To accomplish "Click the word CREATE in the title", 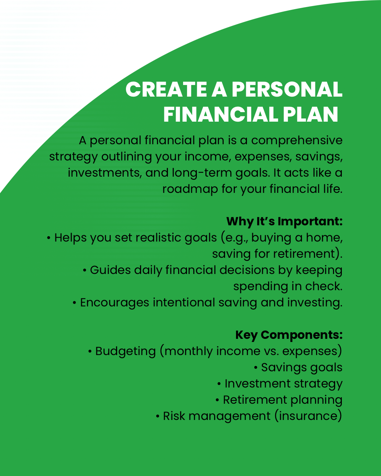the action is coord(166,89).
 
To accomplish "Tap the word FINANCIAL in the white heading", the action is coord(220,114).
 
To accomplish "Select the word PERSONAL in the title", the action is coord(287,89).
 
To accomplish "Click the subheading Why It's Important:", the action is coord(284,222).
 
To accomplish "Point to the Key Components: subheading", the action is coord(289,335).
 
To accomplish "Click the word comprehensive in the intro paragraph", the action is coord(297,141).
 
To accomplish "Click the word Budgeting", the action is coord(126,352).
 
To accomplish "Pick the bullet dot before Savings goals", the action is coord(256,368).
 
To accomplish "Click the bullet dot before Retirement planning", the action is coord(217,400).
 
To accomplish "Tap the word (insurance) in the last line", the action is coord(308,416).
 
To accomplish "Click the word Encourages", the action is coord(114,303).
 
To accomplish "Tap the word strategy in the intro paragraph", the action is coord(73,157).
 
